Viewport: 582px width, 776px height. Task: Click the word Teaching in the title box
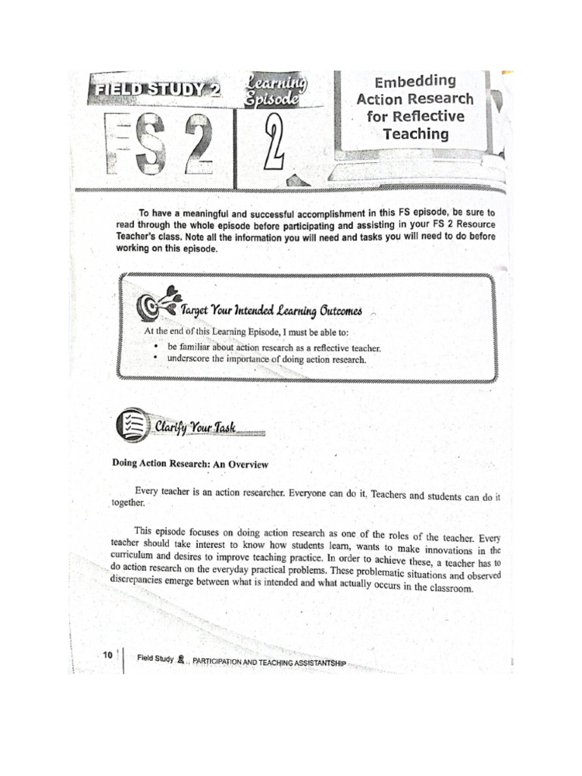pos(415,134)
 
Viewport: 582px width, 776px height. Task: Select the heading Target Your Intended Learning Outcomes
pos(271,311)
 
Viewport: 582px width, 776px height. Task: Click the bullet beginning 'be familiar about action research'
pos(274,347)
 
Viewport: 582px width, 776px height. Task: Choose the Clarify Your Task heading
pos(196,428)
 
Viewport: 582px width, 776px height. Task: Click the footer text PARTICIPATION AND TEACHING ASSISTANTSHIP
pos(269,662)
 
